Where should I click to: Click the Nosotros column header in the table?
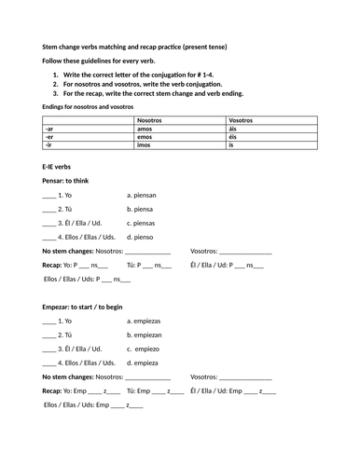coord(149,120)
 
